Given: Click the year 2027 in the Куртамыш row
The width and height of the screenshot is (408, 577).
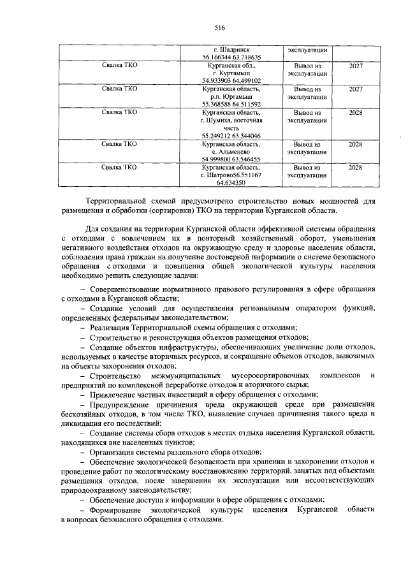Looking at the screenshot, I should [356, 65].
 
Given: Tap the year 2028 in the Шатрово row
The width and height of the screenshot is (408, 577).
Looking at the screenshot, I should [356, 167].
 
